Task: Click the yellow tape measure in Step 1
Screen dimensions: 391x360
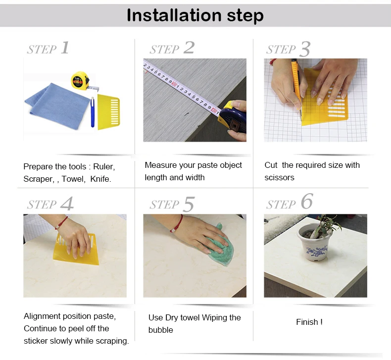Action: point(80,80)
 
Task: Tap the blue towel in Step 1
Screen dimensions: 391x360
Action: point(57,105)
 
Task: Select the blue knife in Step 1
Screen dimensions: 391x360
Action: point(93,112)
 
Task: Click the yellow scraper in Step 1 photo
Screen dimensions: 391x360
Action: point(108,112)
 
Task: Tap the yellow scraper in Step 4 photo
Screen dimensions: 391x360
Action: point(76,250)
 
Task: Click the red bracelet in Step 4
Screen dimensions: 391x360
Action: point(61,223)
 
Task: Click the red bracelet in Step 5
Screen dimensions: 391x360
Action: point(177,223)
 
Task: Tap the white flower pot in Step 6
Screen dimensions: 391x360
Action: point(314,243)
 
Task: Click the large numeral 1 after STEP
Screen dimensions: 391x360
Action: point(65,48)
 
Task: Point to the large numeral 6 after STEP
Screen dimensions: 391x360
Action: point(306,202)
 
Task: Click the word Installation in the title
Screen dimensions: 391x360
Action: point(174,15)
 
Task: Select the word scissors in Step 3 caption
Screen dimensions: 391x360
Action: point(279,177)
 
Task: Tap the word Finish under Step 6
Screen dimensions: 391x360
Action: point(307,322)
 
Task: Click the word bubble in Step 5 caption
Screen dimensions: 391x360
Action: point(160,330)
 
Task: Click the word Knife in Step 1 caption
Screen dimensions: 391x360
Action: point(100,179)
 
